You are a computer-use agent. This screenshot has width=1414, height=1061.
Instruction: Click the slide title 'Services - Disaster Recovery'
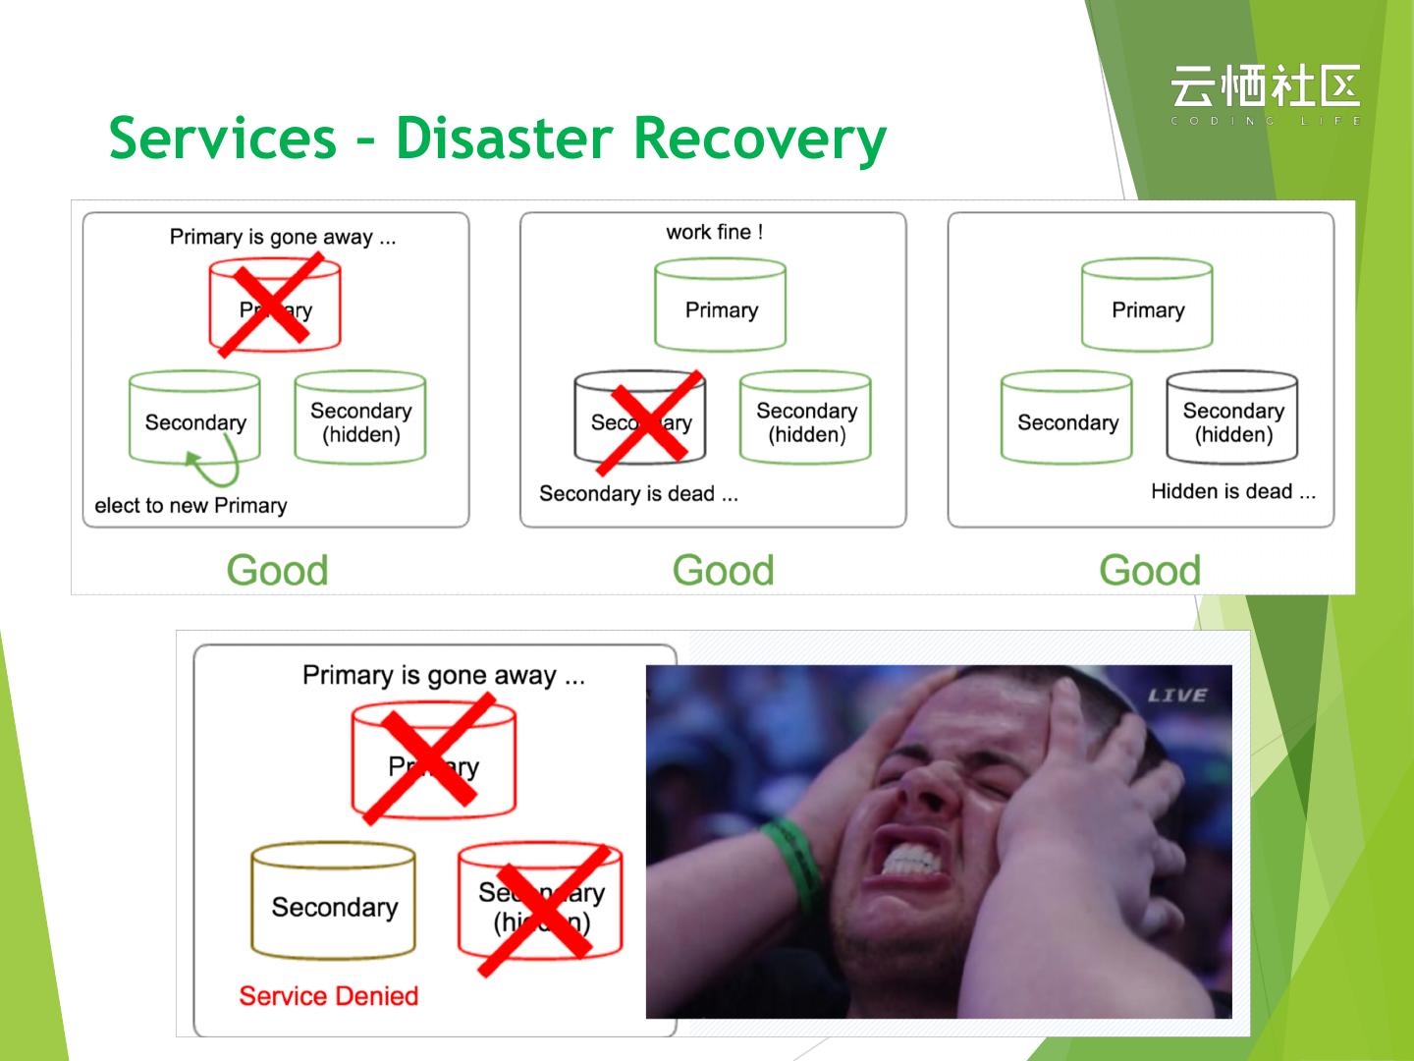[x=497, y=138]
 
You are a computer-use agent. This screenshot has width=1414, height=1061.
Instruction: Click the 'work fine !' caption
[x=714, y=232]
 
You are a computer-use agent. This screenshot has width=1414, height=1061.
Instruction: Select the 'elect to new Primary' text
[x=190, y=506]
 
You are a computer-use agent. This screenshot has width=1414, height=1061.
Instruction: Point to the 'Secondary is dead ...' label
[x=638, y=493]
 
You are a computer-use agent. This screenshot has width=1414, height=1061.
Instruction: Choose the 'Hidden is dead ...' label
[x=1232, y=491]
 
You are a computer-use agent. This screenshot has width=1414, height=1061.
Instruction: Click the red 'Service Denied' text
[x=328, y=996]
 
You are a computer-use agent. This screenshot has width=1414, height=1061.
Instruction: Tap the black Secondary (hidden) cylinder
[x=1232, y=418]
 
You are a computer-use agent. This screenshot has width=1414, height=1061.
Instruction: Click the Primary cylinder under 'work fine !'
[x=721, y=307]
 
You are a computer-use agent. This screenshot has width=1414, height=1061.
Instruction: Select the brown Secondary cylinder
[x=334, y=901]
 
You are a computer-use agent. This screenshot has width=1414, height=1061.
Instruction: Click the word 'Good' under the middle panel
[x=723, y=570]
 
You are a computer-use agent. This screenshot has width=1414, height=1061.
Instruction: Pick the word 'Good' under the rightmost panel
[x=1149, y=570]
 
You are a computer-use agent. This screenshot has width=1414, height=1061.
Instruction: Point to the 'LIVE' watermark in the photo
[x=1176, y=696]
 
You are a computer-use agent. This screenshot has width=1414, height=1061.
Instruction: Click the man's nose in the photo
[x=928, y=786]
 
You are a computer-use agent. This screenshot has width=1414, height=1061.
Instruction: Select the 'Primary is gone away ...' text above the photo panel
[x=443, y=676]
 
